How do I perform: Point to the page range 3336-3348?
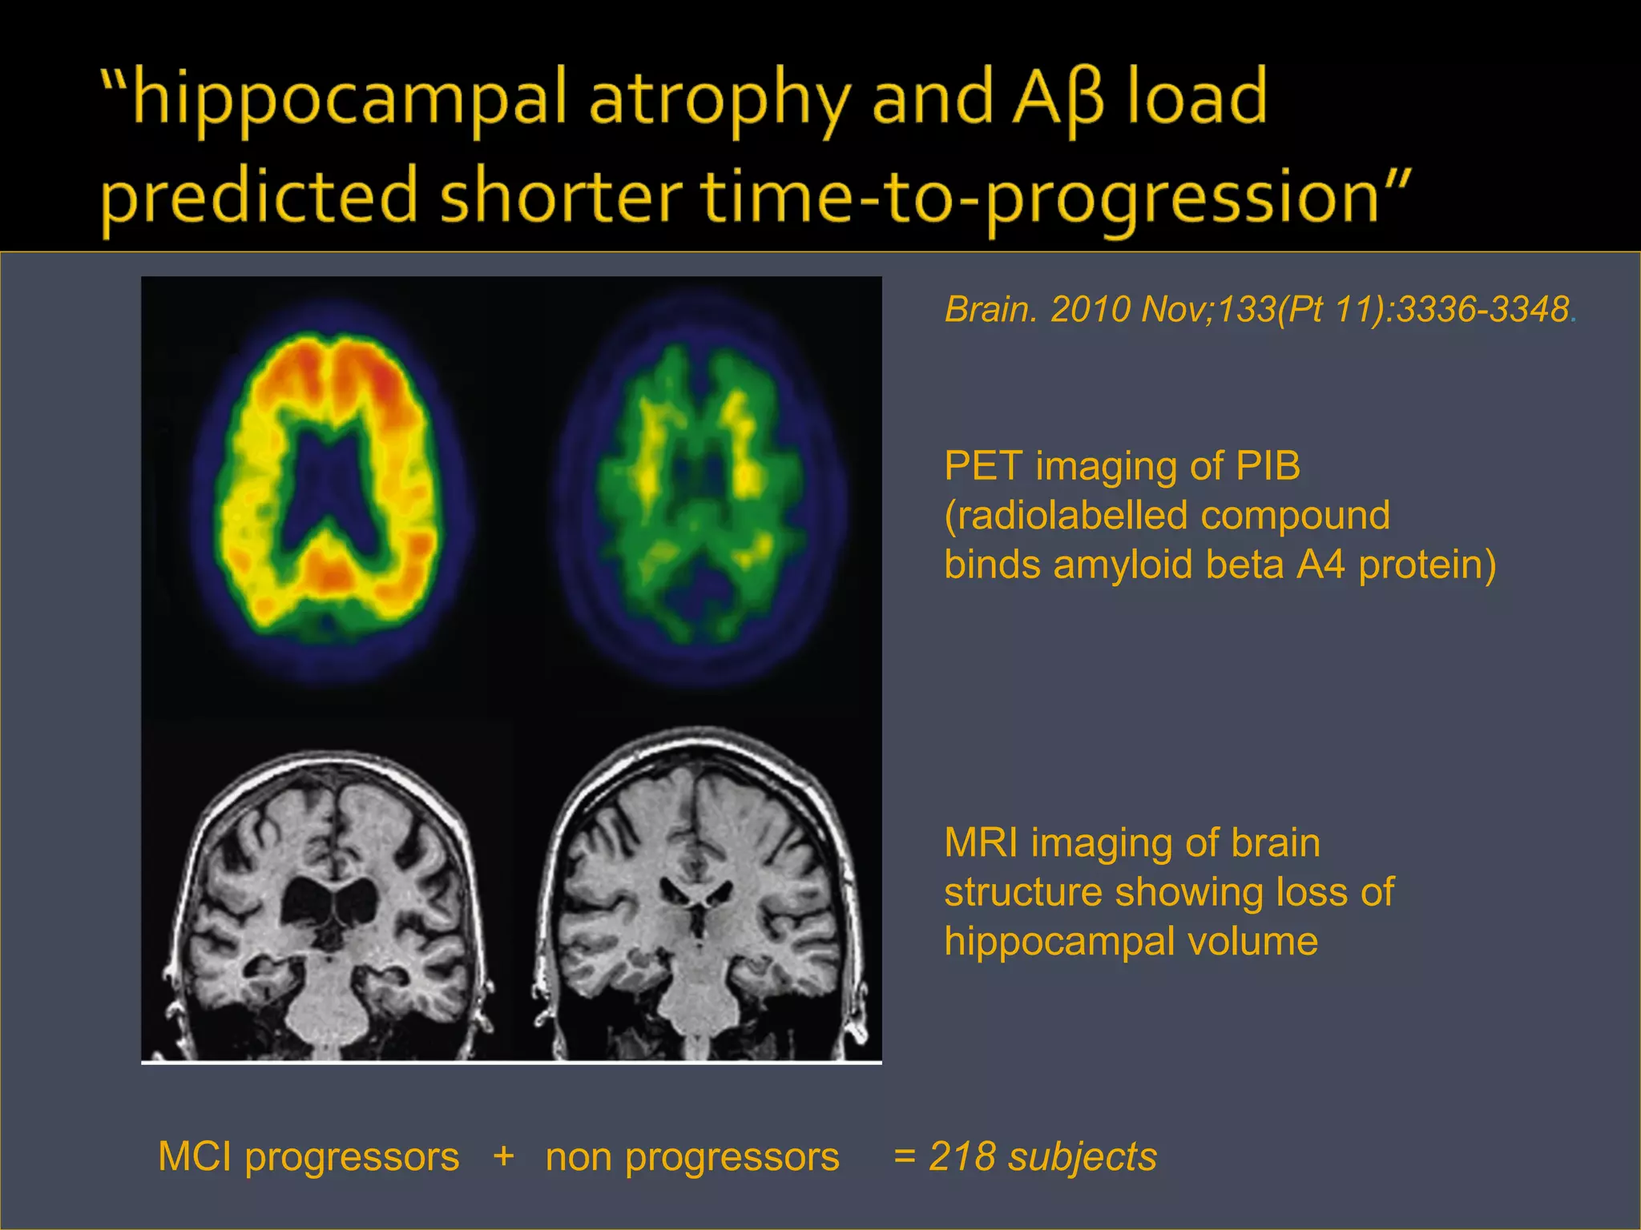click(x=1482, y=310)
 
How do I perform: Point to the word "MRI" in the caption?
click(x=981, y=843)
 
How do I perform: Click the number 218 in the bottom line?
click(x=962, y=1157)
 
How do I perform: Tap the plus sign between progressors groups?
click(x=503, y=1156)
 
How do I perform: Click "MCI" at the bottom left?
click(x=196, y=1157)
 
